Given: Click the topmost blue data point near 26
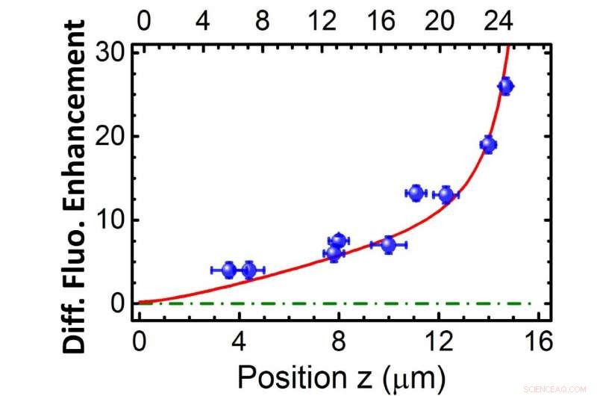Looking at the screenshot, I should (x=505, y=86).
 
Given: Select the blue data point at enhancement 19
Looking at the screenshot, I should (x=488, y=145).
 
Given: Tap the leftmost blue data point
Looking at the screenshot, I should (x=229, y=270).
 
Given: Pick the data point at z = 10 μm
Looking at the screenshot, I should (x=389, y=244).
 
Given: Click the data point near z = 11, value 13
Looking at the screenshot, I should (x=416, y=193).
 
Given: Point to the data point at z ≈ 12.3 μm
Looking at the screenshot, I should (x=446, y=195).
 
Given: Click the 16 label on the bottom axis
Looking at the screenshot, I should (x=538, y=343).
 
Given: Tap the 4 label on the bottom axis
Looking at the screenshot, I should (x=239, y=343).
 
